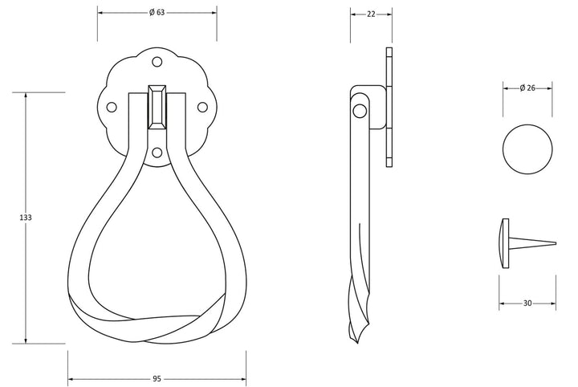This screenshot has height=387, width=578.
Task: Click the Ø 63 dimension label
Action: (157, 13)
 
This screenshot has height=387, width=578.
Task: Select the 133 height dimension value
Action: (26, 218)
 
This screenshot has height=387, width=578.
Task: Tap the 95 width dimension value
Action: (157, 379)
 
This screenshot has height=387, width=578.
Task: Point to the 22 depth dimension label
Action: (371, 14)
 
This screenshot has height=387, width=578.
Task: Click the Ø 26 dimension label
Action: (527, 88)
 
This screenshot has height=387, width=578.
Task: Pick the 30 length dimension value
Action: (527, 303)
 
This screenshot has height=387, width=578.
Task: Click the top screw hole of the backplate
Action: (157, 62)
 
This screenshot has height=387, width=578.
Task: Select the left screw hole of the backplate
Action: (112, 108)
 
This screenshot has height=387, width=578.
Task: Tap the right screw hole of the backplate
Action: (202, 108)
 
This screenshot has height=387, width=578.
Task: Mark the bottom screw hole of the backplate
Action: (157, 153)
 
